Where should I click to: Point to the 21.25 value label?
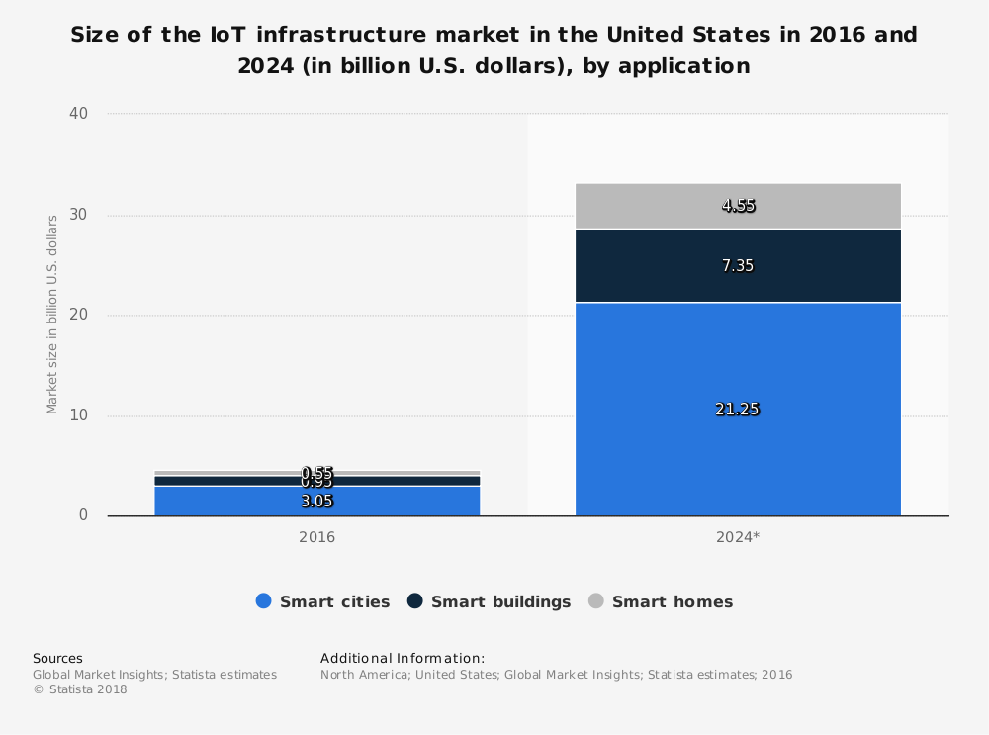737,410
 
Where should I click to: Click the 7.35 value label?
737,265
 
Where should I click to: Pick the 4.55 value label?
738,206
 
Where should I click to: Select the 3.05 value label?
316,501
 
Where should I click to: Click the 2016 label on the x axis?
316,537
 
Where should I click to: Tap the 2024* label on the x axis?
738,537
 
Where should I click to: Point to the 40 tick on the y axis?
79,114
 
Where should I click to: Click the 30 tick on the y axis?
79,215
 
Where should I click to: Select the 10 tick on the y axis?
79,415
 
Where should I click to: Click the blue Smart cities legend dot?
263,601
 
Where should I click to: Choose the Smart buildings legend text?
500,601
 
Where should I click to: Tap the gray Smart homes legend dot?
595,601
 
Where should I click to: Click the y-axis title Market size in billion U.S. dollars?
51,315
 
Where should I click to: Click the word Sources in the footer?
57,658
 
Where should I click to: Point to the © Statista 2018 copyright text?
80,689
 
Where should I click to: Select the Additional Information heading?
403,658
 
